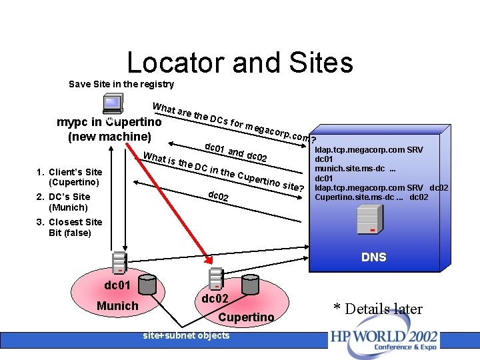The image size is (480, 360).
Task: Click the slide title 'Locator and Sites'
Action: click(240, 63)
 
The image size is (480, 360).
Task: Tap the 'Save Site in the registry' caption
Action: click(121, 84)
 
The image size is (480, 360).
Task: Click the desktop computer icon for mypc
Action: click(112, 105)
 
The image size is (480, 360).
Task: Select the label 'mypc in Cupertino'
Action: click(109, 122)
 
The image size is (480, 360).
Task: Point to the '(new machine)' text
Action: click(109, 137)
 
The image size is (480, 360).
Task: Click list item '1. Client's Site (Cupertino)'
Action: click(69, 177)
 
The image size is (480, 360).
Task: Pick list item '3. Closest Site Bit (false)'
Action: click(69, 227)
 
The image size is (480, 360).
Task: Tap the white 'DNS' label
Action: click(373, 257)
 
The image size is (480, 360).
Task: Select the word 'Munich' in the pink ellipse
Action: click(117, 305)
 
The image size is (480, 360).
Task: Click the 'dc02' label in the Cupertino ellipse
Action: click(215, 299)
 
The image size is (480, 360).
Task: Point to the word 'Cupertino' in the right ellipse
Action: click(246, 317)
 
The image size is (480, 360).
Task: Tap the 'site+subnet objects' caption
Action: click(186, 335)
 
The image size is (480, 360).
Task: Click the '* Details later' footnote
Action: click(378, 309)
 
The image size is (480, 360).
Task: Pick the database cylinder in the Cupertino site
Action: click(250, 284)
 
